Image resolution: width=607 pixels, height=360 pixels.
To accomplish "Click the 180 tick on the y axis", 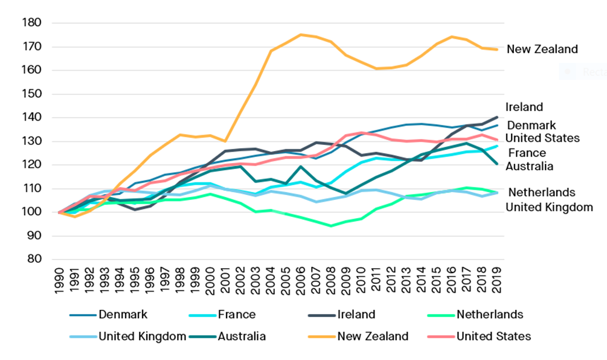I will [31, 23].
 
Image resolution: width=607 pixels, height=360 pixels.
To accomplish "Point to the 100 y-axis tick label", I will [31, 212].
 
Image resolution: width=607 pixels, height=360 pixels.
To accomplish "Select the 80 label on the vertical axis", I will [34, 259].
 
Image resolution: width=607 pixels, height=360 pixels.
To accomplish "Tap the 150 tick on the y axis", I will [31, 94].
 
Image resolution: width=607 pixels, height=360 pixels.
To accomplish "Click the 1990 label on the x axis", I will [60, 279].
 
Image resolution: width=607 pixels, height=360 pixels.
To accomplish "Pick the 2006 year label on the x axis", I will [301, 279].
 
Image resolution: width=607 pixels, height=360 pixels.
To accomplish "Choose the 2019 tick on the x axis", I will [496, 279].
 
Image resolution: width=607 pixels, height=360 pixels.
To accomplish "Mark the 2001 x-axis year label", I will [225, 279].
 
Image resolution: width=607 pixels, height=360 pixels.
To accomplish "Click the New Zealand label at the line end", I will [542, 50].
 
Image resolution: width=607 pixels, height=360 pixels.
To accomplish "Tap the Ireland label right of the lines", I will [524, 107].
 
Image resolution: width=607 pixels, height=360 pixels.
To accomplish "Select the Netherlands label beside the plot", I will [541, 193].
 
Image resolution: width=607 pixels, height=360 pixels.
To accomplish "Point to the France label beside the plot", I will [526, 153].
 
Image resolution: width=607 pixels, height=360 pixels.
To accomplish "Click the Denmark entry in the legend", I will [122, 314].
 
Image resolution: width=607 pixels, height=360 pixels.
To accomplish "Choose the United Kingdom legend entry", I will [142, 336].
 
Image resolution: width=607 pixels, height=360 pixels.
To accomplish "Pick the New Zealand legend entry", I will [373, 336].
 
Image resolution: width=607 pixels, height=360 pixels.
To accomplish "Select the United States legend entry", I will [493, 336].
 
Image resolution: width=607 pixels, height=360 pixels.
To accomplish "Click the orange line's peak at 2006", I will [301, 34].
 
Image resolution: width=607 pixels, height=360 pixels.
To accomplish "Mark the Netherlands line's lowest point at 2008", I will [331, 226].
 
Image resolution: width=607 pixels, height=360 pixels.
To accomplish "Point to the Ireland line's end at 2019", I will [496, 117].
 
